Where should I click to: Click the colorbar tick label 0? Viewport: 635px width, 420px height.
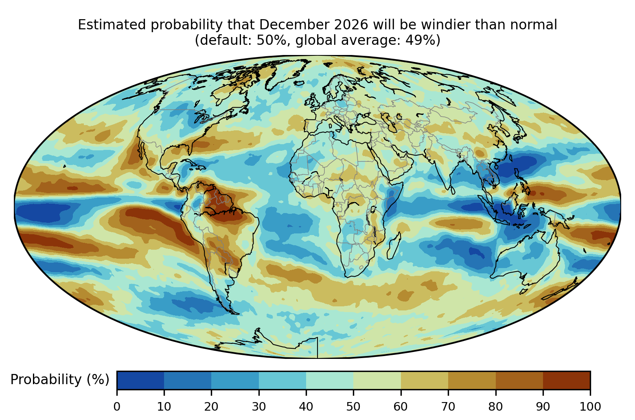(x=117, y=407)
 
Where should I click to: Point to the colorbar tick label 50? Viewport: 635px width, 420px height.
(x=353, y=407)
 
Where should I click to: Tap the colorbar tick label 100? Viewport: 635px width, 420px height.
(x=590, y=407)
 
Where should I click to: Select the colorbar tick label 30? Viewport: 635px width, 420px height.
(x=259, y=407)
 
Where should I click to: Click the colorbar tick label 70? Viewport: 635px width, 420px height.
(x=448, y=407)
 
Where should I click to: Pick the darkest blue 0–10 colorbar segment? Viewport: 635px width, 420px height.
(x=140, y=380)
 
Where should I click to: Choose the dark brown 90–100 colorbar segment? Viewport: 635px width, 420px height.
(x=567, y=380)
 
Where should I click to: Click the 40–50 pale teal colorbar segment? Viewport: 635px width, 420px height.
(x=330, y=380)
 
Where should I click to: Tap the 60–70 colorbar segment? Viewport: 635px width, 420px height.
(x=425, y=380)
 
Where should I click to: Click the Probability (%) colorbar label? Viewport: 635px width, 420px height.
(x=60, y=380)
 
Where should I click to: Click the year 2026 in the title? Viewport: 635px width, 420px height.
(x=351, y=25)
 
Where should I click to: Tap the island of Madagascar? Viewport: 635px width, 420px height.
(x=394, y=246)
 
